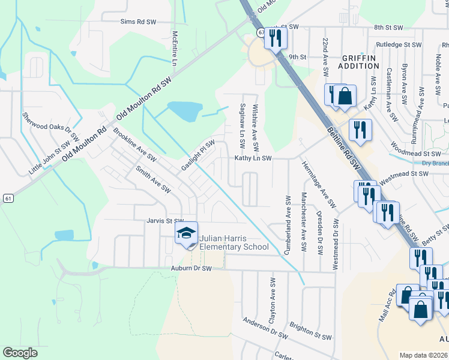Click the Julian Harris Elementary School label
(234, 242)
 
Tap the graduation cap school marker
(186, 233)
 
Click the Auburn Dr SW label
(191, 268)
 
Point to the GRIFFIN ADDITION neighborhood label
(358, 62)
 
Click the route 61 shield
(7, 198)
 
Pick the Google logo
(20, 353)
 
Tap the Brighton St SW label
(310, 331)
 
